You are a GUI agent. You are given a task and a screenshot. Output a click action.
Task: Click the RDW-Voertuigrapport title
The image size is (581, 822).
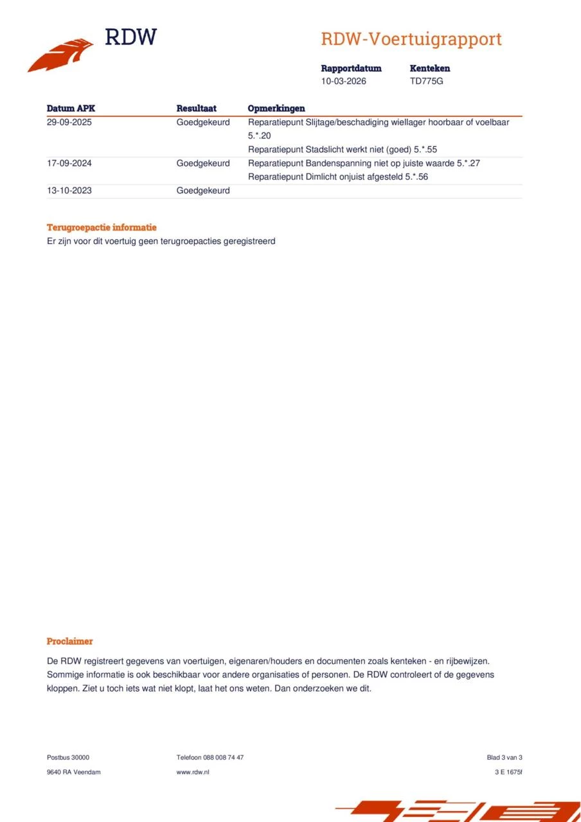tap(411, 39)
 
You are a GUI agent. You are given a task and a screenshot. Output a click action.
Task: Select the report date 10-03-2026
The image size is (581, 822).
tap(344, 82)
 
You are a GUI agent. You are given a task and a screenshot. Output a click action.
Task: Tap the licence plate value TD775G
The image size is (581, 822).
tap(427, 82)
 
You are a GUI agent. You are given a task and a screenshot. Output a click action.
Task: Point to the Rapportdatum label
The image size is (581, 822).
tap(351, 68)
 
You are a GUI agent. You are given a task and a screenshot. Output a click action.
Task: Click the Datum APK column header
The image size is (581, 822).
tap(71, 109)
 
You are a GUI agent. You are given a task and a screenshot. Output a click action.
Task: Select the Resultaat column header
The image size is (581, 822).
tap(196, 109)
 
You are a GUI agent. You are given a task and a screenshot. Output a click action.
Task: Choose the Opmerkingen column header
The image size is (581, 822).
tap(276, 109)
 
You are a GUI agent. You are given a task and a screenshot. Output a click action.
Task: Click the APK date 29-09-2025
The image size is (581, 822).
tap(69, 122)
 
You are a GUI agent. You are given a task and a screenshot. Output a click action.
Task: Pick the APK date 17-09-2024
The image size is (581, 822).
tap(69, 163)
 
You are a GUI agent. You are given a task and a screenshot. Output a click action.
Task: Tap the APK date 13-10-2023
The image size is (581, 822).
tap(69, 191)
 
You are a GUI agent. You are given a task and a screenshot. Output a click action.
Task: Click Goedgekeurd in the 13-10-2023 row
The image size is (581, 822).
tap(203, 191)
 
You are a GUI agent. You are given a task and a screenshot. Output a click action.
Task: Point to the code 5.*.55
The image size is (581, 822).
tap(425, 150)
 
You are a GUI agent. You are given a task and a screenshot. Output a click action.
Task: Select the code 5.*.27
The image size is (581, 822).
tap(469, 163)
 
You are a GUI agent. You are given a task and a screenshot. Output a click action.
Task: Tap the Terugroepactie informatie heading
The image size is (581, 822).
tap(102, 227)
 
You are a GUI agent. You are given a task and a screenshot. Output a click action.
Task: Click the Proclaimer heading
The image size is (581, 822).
tap(69, 641)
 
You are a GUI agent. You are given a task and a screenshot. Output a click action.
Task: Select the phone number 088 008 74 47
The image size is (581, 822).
tap(223, 758)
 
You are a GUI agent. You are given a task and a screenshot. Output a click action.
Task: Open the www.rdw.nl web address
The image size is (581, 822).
tap(193, 772)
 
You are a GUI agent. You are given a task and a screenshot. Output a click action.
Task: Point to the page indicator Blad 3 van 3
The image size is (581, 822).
tap(505, 758)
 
